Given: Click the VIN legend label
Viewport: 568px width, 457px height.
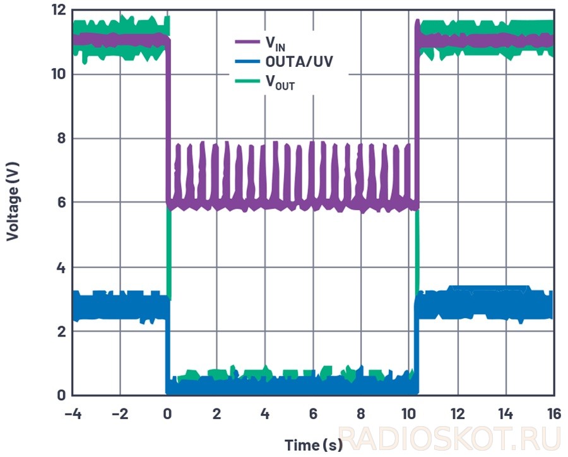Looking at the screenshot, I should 275,44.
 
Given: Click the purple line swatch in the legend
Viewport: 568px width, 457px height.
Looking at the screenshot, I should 247,42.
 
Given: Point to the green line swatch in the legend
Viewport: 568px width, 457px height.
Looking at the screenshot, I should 247,81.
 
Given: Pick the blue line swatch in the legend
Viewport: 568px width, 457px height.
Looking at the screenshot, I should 247,62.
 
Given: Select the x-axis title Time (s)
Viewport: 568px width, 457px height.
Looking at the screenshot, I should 313,444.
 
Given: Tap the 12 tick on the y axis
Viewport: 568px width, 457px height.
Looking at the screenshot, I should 59,10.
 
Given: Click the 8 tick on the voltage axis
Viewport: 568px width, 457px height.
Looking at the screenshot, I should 62,138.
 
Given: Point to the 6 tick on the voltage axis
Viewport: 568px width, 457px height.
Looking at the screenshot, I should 62,203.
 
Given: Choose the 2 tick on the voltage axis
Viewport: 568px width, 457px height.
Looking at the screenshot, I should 62,331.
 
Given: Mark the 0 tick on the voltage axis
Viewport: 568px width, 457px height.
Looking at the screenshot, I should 62,396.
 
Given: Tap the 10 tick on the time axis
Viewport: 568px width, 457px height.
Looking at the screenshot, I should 409,414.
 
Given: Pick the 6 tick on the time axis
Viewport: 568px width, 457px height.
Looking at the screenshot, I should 312,414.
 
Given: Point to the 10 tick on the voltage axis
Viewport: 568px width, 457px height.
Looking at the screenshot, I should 59,74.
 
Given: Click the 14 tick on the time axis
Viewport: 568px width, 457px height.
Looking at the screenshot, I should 505,414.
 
